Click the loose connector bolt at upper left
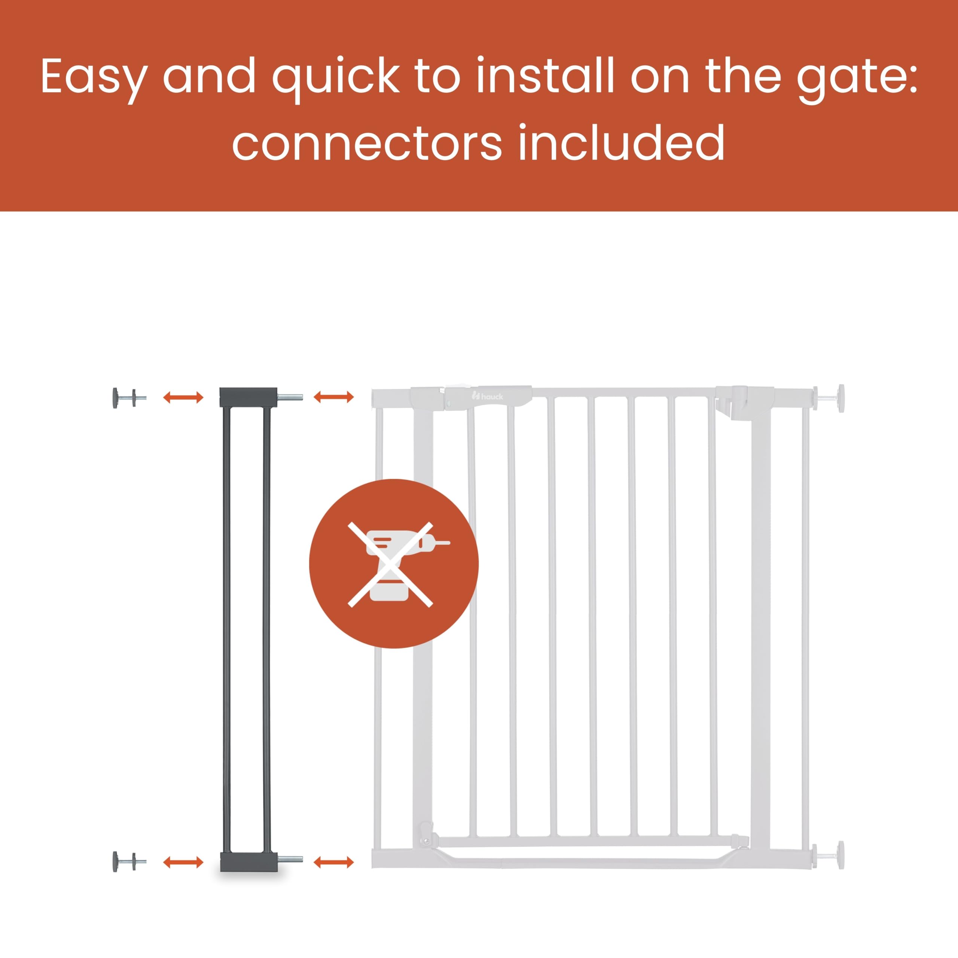[129, 398]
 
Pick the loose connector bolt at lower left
[129, 862]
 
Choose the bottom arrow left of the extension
[183, 862]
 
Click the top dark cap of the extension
[248, 397]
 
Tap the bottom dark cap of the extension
[248, 862]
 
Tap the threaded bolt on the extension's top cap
[290, 397]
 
